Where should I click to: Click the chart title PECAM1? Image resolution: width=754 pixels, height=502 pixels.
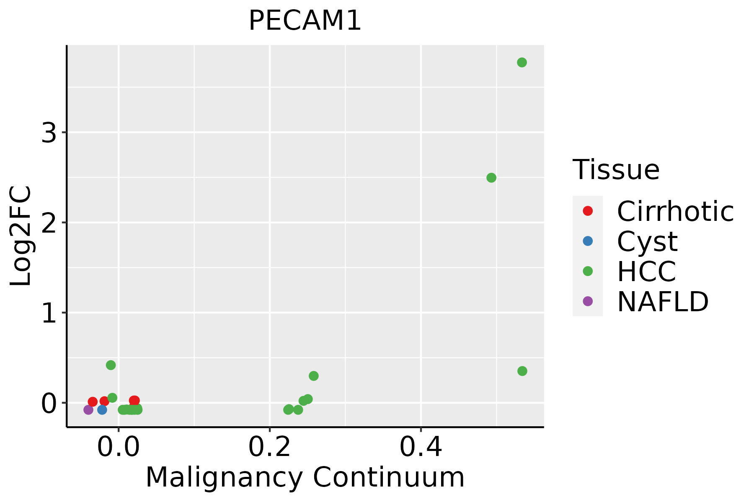coord(305,21)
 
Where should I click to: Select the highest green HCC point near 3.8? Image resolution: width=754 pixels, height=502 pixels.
coord(522,63)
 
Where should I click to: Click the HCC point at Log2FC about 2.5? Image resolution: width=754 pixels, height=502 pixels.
coord(491,178)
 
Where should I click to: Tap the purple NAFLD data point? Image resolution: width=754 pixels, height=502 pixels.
coord(88,410)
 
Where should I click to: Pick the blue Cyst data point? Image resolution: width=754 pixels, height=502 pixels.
coord(102,410)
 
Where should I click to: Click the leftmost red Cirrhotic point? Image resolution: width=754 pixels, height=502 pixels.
coord(93,402)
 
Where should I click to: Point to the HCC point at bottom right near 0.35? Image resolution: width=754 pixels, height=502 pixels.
coord(522,371)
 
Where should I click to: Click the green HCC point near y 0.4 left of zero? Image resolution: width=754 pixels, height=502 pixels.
coord(111,365)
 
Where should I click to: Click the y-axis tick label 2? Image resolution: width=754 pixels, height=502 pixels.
coord(49,224)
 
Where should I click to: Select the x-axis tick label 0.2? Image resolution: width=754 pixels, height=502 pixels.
coord(269,448)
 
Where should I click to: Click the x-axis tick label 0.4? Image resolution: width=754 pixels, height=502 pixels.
coord(421,448)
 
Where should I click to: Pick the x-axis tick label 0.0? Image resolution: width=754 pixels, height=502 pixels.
coord(119,448)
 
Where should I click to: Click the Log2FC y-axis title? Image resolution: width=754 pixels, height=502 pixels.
coord(21,236)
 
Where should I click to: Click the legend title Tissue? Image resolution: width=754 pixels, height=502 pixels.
coord(616,170)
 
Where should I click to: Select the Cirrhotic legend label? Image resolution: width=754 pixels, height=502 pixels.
coord(675,211)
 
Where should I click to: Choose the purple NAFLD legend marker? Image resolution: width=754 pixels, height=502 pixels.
coord(588,301)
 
